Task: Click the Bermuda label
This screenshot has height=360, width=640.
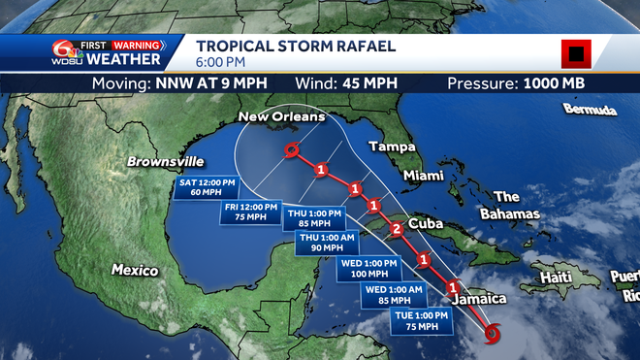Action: pos(590,110)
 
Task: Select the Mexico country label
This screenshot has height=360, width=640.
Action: pos(134,269)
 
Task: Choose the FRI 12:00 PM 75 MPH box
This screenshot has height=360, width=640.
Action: pos(251,213)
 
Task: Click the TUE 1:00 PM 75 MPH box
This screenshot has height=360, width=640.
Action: pos(420,321)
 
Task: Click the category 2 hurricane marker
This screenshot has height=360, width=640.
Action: pos(395,230)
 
